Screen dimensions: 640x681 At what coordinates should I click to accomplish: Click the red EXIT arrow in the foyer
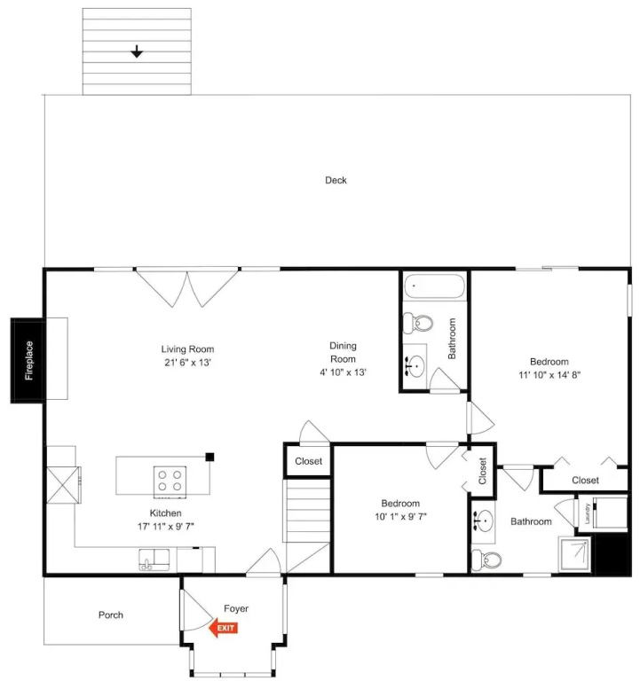click(223, 628)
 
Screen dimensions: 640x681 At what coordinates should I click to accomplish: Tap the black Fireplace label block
click(28, 361)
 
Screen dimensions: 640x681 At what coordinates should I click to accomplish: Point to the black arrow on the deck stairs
click(137, 51)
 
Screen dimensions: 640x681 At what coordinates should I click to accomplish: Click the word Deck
click(336, 180)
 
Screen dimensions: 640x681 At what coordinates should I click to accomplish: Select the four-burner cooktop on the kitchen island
click(170, 481)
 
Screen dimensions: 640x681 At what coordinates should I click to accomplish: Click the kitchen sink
click(154, 560)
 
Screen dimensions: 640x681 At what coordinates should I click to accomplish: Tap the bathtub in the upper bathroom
click(434, 286)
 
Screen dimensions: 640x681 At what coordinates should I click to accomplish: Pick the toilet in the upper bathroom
click(418, 323)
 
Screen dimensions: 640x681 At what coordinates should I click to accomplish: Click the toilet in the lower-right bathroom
click(486, 560)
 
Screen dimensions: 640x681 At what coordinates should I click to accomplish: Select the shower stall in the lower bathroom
click(575, 554)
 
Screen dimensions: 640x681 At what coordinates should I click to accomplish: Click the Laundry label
click(588, 513)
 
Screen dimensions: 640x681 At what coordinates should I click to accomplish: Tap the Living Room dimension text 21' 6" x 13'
click(187, 362)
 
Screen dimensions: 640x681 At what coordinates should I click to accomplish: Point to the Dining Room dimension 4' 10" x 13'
click(343, 372)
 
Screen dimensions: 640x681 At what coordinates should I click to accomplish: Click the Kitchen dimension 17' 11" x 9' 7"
click(166, 527)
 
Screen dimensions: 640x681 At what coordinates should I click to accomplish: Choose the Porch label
click(111, 614)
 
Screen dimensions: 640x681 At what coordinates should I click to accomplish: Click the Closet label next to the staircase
click(308, 461)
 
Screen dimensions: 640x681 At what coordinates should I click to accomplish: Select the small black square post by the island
click(209, 457)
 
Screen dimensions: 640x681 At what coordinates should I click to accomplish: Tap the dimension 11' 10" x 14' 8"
click(549, 375)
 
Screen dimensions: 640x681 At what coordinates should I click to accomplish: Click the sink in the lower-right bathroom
click(483, 520)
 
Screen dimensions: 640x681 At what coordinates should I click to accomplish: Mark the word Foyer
click(236, 608)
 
